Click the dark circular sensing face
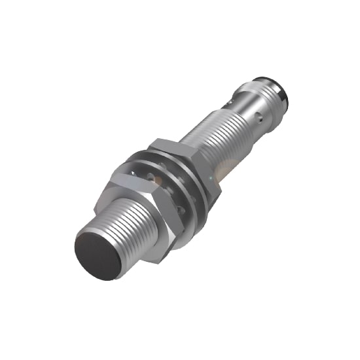point(98,253)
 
